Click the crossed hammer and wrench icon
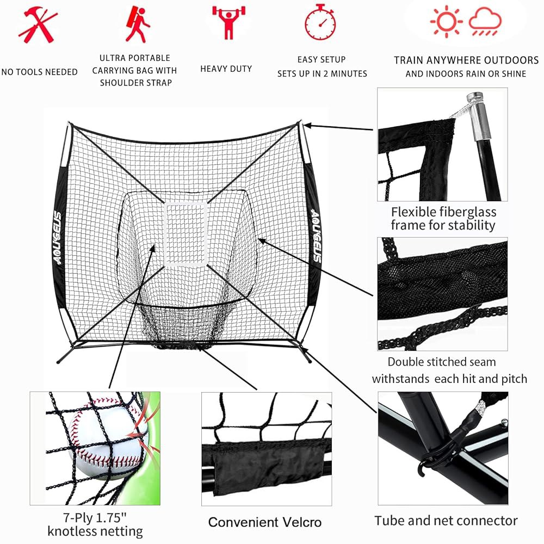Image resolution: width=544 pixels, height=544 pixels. [x=38, y=26]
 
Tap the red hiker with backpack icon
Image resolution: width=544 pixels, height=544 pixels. [x=138, y=24]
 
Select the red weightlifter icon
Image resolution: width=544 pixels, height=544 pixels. [x=228, y=22]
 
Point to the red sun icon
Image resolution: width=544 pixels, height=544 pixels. [x=447, y=22]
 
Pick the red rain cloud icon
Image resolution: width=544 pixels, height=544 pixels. [x=485, y=22]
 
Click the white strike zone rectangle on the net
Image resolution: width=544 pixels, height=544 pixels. [x=186, y=234]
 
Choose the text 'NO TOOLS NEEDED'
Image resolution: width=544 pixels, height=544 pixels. [x=40, y=72]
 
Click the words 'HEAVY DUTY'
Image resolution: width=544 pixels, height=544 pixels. [x=226, y=69]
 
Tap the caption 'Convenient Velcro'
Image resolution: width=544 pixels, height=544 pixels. [x=265, y=522]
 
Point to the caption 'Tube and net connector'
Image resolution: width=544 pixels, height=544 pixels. [x=446, y=521]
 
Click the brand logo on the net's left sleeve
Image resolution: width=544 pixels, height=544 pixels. [x=58, y=238]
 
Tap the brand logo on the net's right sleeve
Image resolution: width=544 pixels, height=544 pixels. [x=317, y=235]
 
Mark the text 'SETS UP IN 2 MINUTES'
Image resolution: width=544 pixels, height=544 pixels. [x=322, y=73]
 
